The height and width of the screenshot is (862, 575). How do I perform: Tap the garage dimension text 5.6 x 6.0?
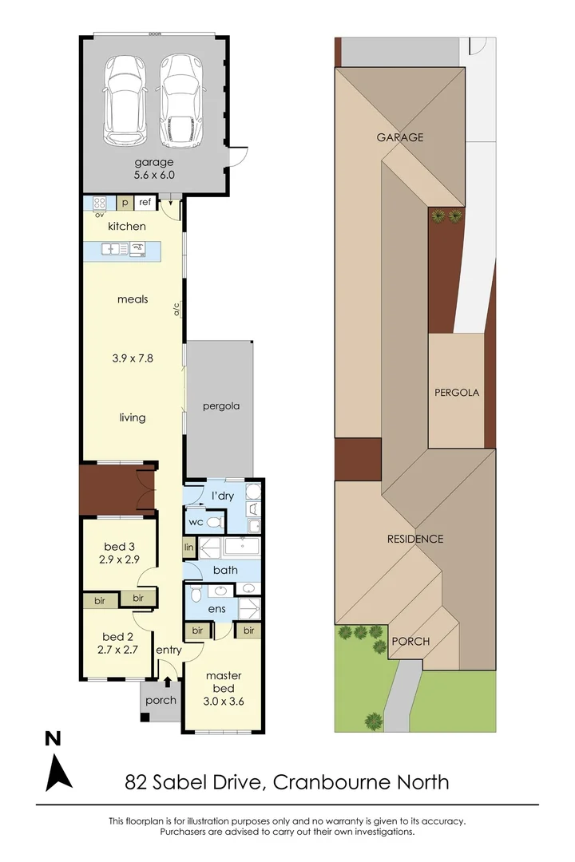click(x=154, y=174)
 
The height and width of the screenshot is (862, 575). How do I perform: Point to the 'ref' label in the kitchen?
click(x=145, y=203)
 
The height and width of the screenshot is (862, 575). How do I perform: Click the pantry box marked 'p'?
click(x=125, y=203)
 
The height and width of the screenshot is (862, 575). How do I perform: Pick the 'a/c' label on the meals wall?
click(x=177, y=309)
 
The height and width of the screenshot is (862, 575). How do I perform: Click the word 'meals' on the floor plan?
click(x=132, y=299)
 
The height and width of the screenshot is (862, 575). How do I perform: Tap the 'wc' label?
click(x=195, y=522)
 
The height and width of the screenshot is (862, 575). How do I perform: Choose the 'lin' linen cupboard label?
click(x=189, y=548)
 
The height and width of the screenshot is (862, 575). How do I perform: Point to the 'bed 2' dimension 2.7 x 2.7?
click(x=117, y=650)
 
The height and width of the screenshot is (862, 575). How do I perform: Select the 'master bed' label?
click(x=223, y=682)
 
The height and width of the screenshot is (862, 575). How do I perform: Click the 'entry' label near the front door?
click(x=169, y=650)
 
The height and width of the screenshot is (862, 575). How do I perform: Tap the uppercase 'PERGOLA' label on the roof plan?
click(x=457, y=393)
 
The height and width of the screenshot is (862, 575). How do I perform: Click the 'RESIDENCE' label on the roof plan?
click(x=414, y=539)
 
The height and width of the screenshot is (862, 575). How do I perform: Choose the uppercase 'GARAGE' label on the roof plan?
click(x=400, y=137)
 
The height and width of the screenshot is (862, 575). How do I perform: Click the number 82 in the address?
click(x=138, y=781)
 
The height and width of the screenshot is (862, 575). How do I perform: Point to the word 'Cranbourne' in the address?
click(x=332, y=781)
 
